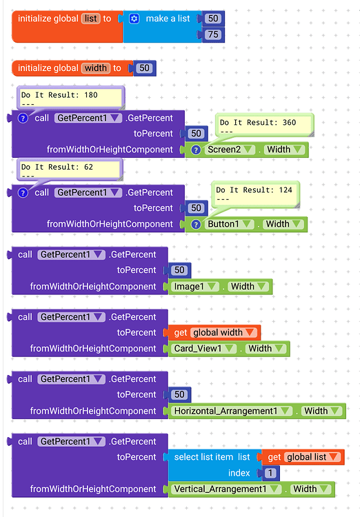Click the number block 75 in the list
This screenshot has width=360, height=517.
212,34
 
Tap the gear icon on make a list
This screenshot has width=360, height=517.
134,19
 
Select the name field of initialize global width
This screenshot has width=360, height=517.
96,68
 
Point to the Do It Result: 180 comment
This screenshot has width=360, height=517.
69,99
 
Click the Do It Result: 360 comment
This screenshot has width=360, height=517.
264,125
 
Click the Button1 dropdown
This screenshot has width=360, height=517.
228,224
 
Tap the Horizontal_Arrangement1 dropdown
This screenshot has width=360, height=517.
231,412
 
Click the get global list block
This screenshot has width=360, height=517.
303,457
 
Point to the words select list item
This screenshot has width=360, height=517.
204,457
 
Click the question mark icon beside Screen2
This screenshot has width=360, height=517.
196,150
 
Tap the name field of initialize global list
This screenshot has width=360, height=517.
90,19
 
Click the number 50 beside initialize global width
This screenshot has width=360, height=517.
144,68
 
